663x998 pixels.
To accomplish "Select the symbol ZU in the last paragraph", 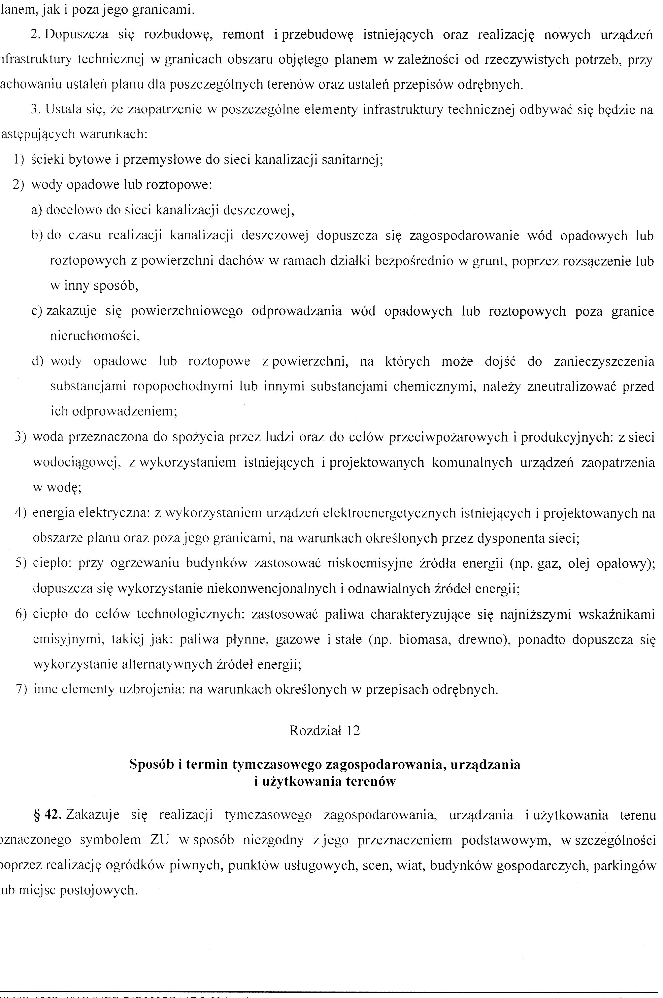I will pyautogui.click(x=160, y=839).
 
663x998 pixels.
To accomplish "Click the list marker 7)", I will pyautogui.click(x=21, y=690).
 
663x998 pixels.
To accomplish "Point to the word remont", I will pyautogui.click(x=241, y=34).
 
